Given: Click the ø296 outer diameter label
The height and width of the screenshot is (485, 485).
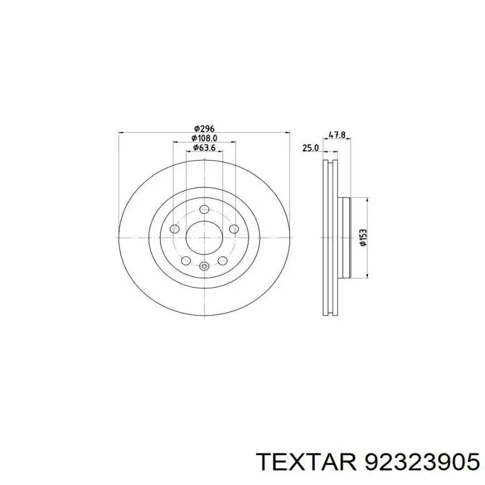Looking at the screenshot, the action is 204,128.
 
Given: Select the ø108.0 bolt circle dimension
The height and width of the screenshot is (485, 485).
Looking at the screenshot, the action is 204,138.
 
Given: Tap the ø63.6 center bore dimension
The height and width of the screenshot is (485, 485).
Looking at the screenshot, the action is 204,147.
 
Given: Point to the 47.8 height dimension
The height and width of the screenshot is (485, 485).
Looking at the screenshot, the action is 336,135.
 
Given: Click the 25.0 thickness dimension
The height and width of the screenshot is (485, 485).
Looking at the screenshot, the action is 310,148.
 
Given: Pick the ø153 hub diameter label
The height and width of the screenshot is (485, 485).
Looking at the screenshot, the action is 363,238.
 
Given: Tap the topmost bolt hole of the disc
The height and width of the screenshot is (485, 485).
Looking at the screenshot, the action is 204,209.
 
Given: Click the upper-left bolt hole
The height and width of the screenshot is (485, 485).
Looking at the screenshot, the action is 175,229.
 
